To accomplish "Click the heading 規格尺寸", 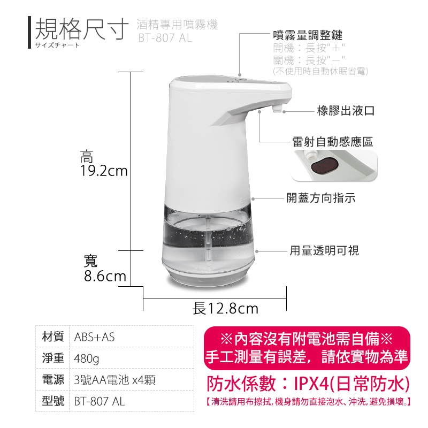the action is pyautogui.click(x=82, y=29).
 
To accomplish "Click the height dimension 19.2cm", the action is pyautogui.click(x=104, y=171).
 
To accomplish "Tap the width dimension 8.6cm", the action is pyautogui.click(x=105, y=276).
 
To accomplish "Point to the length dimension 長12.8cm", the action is pyautogui.click(x=225, y=309).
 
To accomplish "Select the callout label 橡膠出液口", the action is pyautogui.click(x=346, y=111).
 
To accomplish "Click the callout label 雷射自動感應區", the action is pyautogui.click(x=332, y=142).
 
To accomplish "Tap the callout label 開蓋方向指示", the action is pyautogui.click(x=321, y=198).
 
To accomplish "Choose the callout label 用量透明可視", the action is pyautogui.click(x=324, y=250).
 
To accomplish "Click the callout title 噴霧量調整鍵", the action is pyautogui.click(x=308, y=35).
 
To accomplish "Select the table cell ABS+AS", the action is pyautogui.click(x=95, y=337).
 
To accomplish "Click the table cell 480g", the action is pyautogui.click(x=87, y=358).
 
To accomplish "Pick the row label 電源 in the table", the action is pyautogui.click(x=53, y=380).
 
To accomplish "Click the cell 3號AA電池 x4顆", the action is pyautogui.click(x=114, y=380).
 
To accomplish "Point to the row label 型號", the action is pyautogui.click(x=53, y=401).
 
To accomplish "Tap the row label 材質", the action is pyautogui.click(x=53, y=337).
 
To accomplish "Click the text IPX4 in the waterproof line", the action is pyautogui.click(x=311, y=384).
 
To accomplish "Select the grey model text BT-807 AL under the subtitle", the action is pyautogui.click(x=165, y=38).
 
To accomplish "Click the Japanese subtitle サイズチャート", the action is pyautogui.click(x=57, y=45).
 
